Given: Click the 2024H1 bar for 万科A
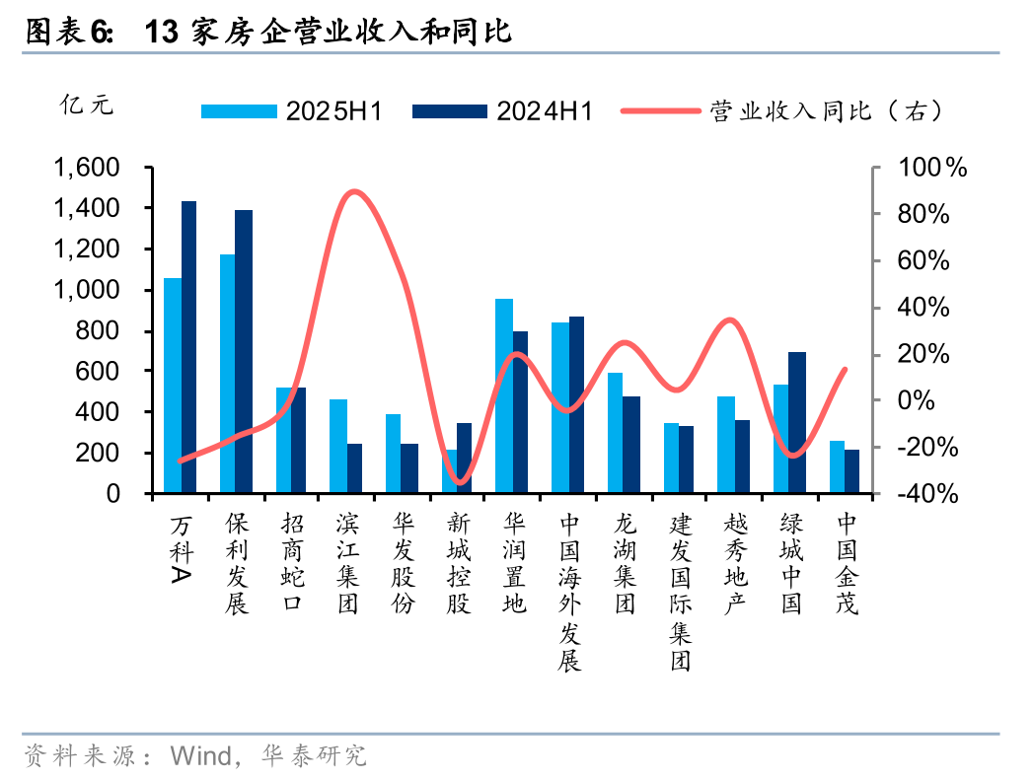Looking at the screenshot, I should click(188, 346).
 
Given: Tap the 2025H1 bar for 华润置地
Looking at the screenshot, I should click(503, 394).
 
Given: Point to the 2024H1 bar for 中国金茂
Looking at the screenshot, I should click(852, 470).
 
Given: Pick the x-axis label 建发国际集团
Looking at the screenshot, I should click(681, 591).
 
